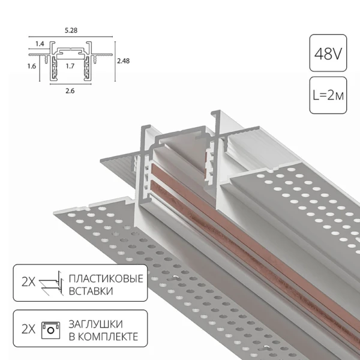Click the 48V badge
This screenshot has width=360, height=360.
328,55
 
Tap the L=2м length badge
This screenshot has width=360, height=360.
328,95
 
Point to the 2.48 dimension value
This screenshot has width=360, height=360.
124,61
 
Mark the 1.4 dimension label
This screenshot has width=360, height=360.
40,44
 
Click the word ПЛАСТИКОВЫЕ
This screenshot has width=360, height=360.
106,280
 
